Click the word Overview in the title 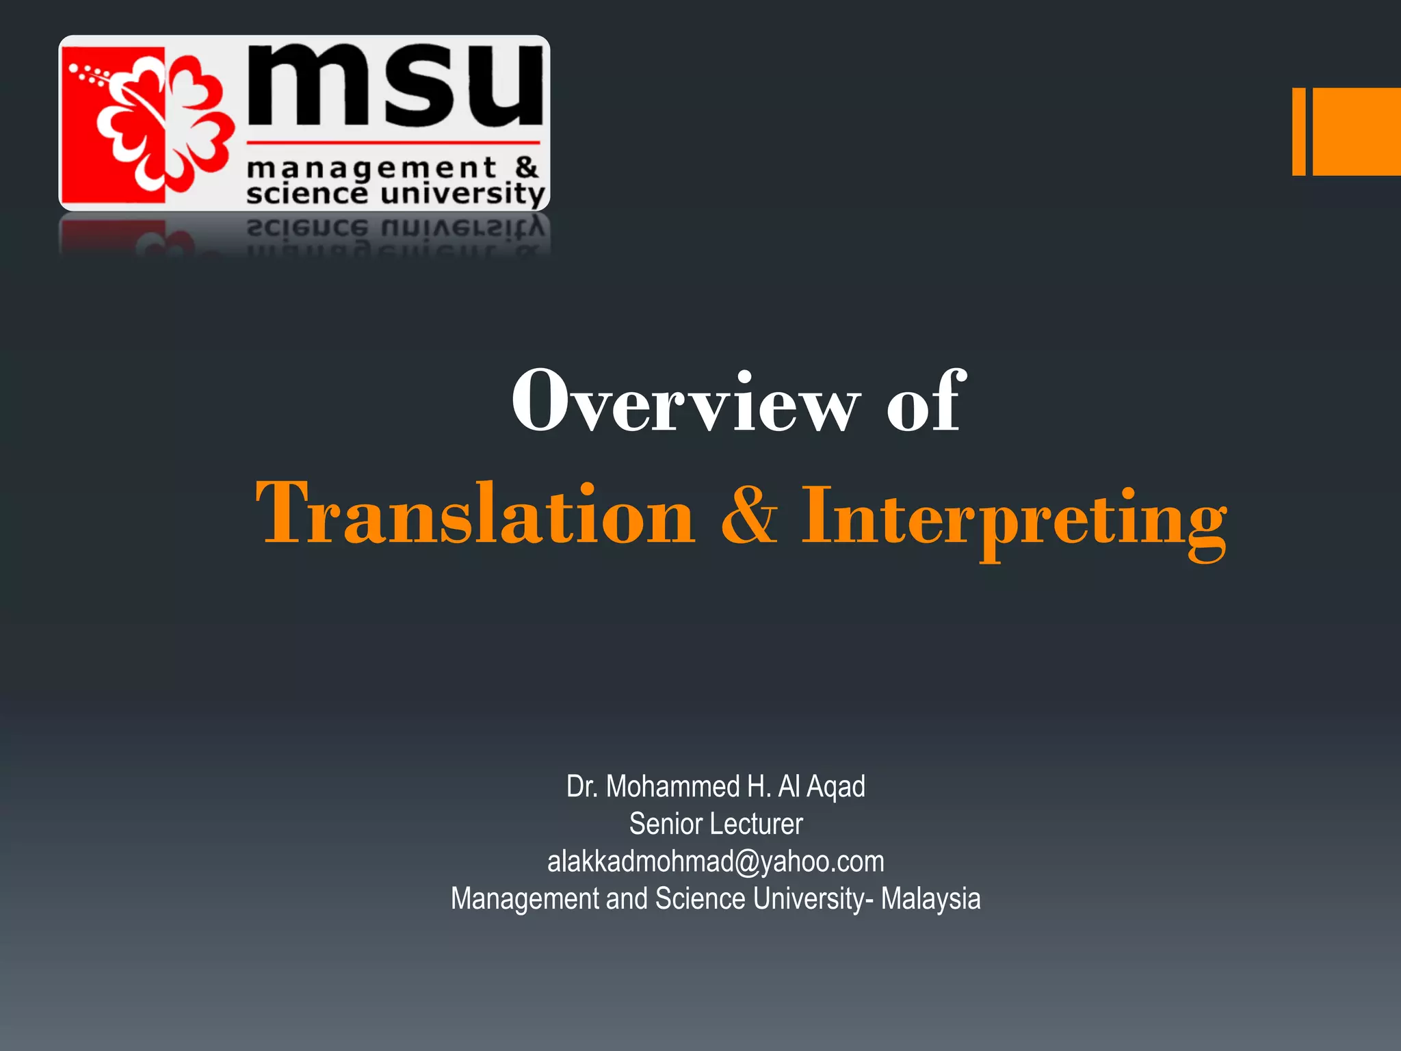click(684, 402)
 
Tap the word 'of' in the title click(926, 402)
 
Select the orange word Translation click(475, 513)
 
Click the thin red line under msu click(393, 143)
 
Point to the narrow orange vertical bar click(1298, 131)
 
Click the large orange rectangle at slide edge click(1357, 131)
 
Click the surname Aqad click(836, 787)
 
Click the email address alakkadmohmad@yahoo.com click(716, 861)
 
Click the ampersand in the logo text click(526, 166)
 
